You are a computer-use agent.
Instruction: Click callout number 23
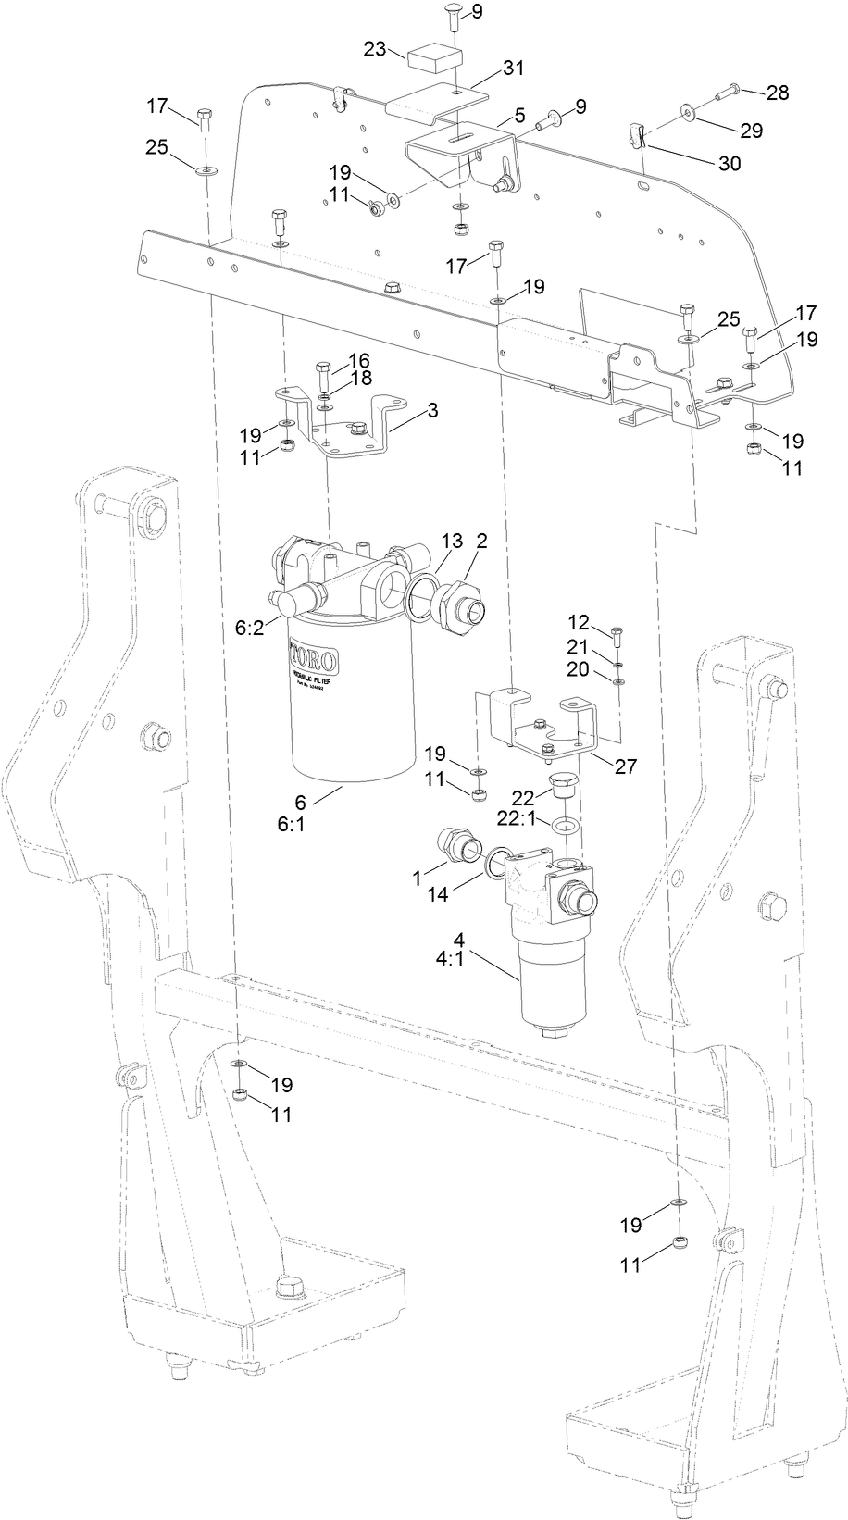tap(374, 50)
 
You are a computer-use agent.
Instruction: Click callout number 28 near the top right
tap(778, 93)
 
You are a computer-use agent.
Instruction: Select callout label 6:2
tap(250, 627)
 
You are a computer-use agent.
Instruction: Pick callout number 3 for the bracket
tap(432, 409)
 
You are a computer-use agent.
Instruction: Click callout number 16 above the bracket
tap(358, 359)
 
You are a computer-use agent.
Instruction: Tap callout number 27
tap(626, 766)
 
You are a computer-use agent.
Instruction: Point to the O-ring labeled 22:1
tap(565, 824)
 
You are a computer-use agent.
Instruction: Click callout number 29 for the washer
tap(751, 131)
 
